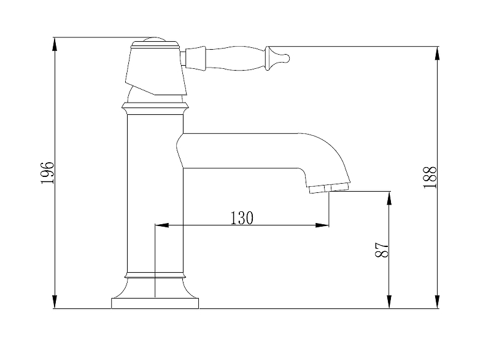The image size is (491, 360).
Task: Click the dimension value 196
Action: point(48,173)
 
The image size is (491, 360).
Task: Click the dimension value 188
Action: point(430,177)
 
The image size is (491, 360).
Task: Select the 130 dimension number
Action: point(242,218)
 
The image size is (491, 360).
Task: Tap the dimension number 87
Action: point(381,249)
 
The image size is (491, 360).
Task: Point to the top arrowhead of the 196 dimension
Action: point(55,44)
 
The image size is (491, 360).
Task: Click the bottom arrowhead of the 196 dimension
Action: point(55,302)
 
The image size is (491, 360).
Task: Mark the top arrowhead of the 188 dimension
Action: point(438,53)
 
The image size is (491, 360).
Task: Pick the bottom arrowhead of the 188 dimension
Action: point(438,302)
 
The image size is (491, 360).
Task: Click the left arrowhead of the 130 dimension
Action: point(162,225)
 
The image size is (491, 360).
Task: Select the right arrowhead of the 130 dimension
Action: point(322,225)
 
